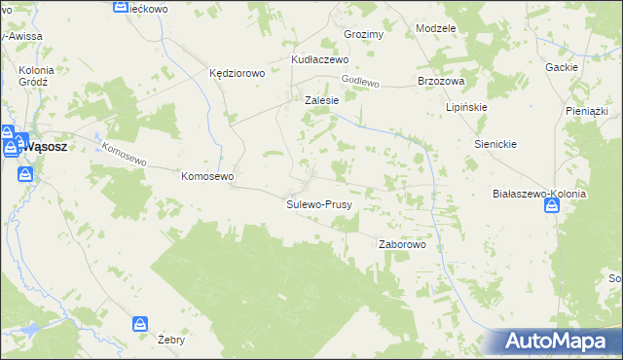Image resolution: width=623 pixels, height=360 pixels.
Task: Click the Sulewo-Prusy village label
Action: [x=319, y=205]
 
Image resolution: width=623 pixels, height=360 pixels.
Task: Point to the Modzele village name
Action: [x=435, y=28]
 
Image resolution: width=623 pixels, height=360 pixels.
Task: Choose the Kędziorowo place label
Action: [x=238, y=73]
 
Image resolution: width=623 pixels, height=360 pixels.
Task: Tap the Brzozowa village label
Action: [x=441, y=81]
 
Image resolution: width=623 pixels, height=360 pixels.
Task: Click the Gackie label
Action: [x=563, y=67]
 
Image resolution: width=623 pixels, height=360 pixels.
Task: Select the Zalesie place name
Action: [x=321, y=100]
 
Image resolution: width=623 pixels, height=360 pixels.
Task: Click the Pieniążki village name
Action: [x=586, y=112]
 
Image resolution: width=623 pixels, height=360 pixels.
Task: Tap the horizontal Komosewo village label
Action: [x=207, y=176]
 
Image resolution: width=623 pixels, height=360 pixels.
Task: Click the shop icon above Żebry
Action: [x=141, y=323]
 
